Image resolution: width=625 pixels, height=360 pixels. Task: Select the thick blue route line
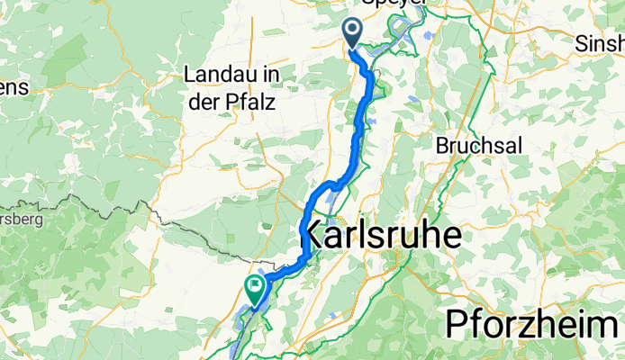pos(364,117)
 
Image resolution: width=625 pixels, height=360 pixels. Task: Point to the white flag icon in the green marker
pos(255,286)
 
